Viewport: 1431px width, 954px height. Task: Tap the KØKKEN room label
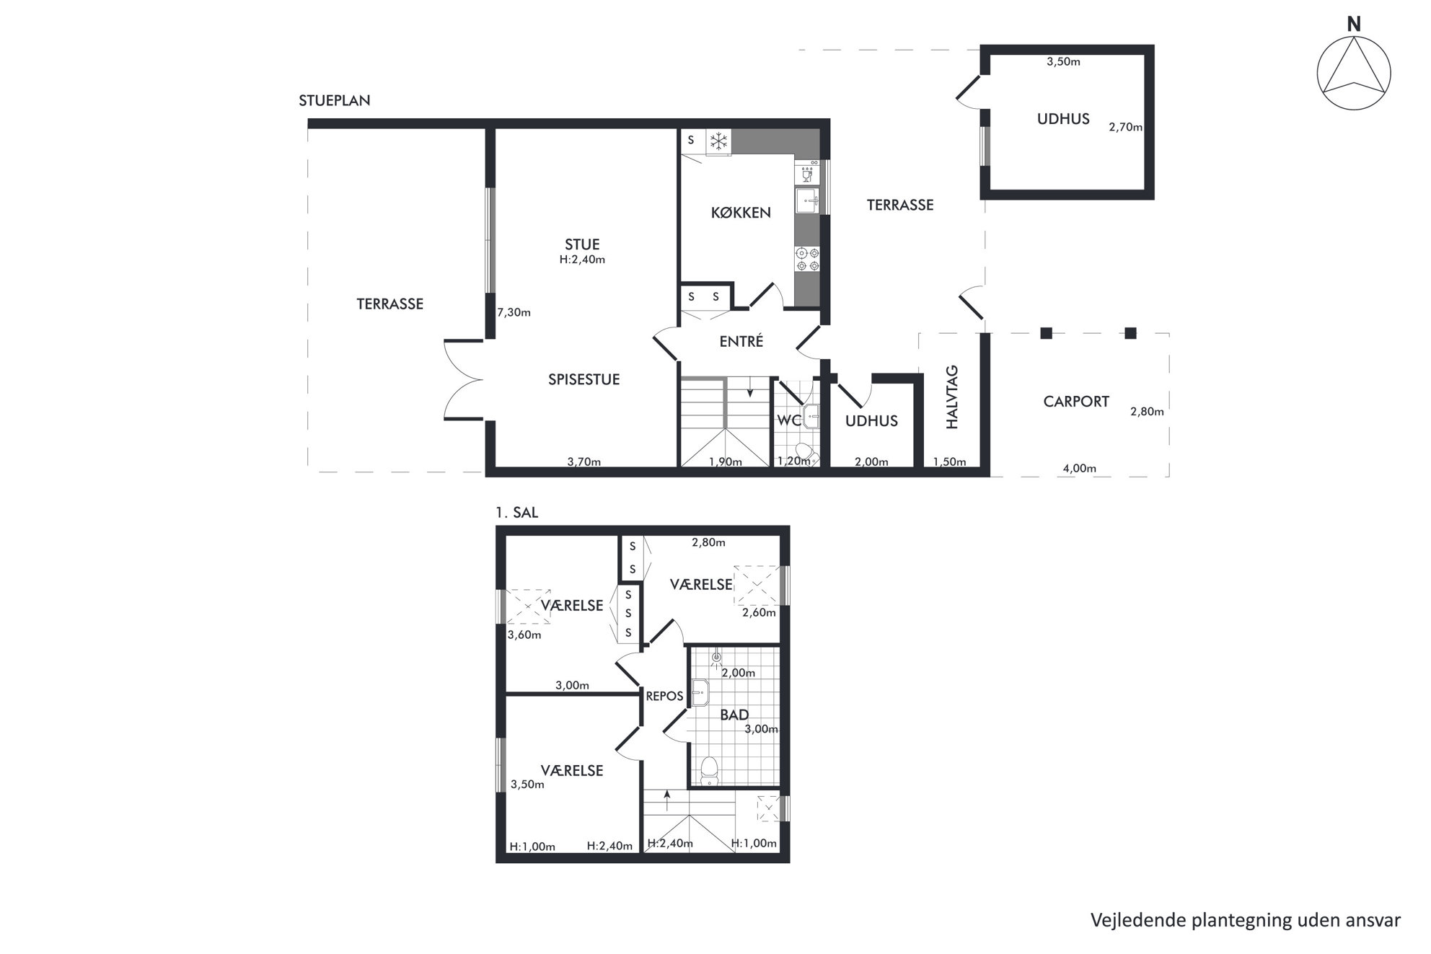[x=741, y=213]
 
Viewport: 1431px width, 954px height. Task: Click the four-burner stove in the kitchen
[x=807, y=259]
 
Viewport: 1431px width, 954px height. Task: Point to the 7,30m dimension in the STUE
[x=514, y=313]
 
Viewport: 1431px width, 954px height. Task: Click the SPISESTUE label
[x=584, y=380]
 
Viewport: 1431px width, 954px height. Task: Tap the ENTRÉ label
[x=741, y=342]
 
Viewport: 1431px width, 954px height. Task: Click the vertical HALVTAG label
[x=952, y=397]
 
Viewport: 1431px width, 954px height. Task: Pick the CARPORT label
[x=1076, y=402]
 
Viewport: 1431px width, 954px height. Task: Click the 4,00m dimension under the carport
[x=1079, y=469]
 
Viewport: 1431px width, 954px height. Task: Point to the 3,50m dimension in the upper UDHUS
[x=1063, y=62]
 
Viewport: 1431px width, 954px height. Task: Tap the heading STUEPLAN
[x=335, y=101]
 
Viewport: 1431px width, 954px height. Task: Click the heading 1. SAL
[x=516, y=513]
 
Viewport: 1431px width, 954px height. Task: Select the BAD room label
[x=734, y=715]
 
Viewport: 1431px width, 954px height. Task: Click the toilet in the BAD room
[x=710, y=769]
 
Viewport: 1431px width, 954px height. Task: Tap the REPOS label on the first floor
[x=664, y=697]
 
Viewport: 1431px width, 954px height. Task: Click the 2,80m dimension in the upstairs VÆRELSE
[x=708, y=543]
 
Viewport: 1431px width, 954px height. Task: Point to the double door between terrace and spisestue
[x=463, y=379]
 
